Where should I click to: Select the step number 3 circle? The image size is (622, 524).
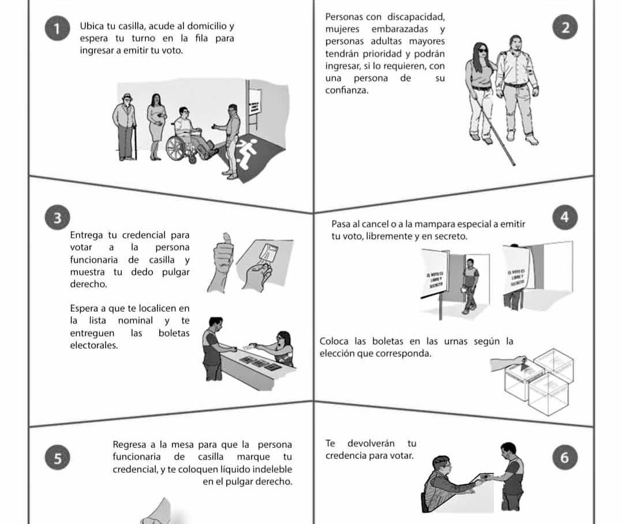click(x=57, y=218)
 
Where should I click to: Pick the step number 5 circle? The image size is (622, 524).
click(x=57, y=458)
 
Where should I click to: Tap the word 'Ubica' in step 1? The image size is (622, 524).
click(x=91, y=27)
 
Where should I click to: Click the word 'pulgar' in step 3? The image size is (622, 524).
click(x=176, y=272)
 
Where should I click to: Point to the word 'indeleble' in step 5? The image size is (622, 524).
click(x=272, y=469)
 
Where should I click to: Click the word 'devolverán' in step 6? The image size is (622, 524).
click(x=371, y=443)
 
